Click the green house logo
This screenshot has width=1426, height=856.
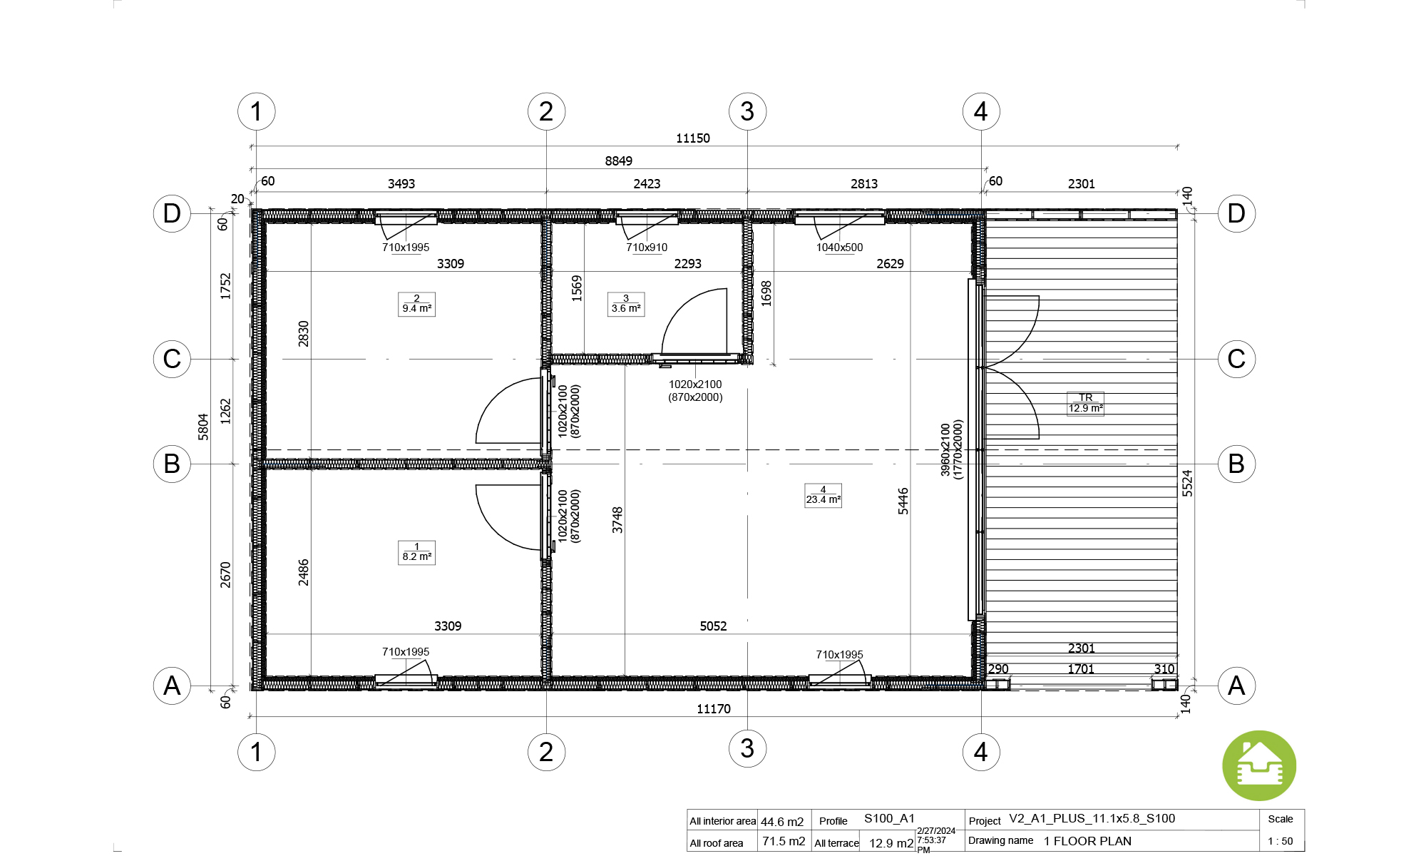[1259, 765]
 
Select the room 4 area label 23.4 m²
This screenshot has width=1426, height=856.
[824, 495]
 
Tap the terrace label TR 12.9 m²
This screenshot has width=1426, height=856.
[1085, 404]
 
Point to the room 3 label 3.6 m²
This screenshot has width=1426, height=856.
[626, 304]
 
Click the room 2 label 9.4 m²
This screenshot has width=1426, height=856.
[416, 304]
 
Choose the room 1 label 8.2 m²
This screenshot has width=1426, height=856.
[416, 552]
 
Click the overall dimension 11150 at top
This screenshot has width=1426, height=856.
[693, 138]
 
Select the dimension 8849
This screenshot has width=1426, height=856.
[619, 161]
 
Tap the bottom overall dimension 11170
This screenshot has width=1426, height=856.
[714, 709]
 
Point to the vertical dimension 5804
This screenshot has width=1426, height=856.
[203, 427]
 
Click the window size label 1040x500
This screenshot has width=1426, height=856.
[839, 248]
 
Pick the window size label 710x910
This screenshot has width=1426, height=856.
[647, 248]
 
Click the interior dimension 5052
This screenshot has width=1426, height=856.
[713, 626]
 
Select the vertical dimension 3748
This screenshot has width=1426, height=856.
[617, 520]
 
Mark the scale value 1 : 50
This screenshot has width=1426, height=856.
[1281, 841]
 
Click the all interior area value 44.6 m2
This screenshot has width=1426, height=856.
[782, 822]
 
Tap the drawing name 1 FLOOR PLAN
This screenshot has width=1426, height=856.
[1087, 841]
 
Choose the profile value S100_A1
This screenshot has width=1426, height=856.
[889, 818]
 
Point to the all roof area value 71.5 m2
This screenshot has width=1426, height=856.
[784, 841]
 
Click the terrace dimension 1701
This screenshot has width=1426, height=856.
[1081, 669]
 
